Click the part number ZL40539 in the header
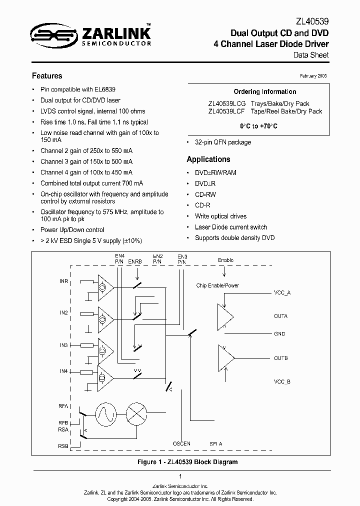[312, 21]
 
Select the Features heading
[47, 76]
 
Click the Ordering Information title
[264, 92]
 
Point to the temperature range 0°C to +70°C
[258, 126]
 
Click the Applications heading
[208, 159]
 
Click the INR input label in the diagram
[63, 281]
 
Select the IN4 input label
[63, 370]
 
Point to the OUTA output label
[280, 316]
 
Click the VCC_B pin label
[282, 381]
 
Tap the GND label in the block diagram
[279, 333]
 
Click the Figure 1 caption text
[187, 462]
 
